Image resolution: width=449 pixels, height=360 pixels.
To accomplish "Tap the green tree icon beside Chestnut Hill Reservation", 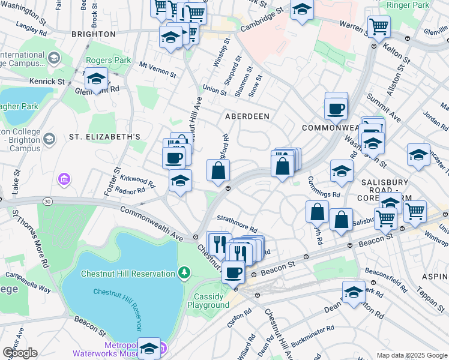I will (x=185, y=274).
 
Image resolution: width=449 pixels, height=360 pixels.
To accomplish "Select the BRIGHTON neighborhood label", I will (x=93, y=34).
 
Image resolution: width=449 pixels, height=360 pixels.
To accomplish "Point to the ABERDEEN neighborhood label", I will (x=247, y=116).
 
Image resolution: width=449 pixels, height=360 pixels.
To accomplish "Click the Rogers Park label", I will (x=108, y=61).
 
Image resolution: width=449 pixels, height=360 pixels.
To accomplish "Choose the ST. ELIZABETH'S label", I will (x=104, y=137).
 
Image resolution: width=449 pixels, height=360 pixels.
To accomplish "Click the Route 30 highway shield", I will (x=47, y=200).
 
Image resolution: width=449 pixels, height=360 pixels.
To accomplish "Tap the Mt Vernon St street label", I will (x=157, y=70).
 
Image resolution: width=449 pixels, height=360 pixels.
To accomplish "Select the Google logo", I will (x=20, y=353).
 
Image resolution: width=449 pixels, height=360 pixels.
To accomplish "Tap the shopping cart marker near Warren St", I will (x=379, y=26).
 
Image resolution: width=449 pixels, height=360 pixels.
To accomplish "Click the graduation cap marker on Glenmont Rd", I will (x=96, y=79).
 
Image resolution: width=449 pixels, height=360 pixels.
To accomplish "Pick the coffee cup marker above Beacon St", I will (x=233, y=272).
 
